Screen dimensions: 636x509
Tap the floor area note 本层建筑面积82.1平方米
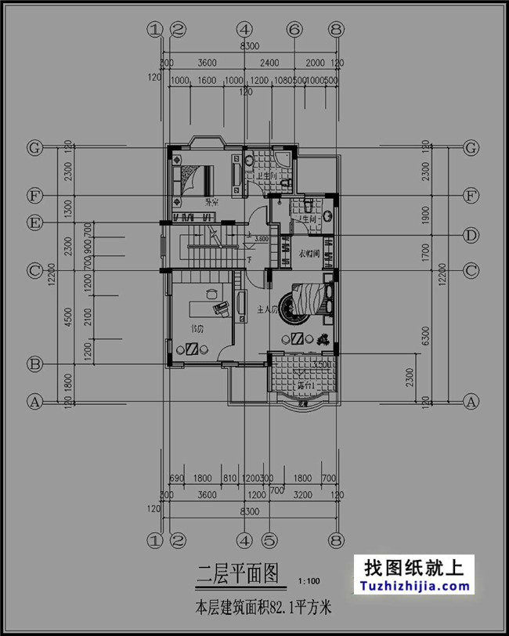[263, 606]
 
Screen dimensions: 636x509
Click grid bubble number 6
[294, 30]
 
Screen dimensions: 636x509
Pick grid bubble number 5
[269, 540]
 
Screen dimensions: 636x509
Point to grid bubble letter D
[471, 235]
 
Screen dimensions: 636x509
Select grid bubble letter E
[34, 223]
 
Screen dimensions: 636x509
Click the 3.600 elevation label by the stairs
[262, 238]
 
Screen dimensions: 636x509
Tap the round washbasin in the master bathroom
[328, 214]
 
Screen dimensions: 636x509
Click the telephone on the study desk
[224, 308]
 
